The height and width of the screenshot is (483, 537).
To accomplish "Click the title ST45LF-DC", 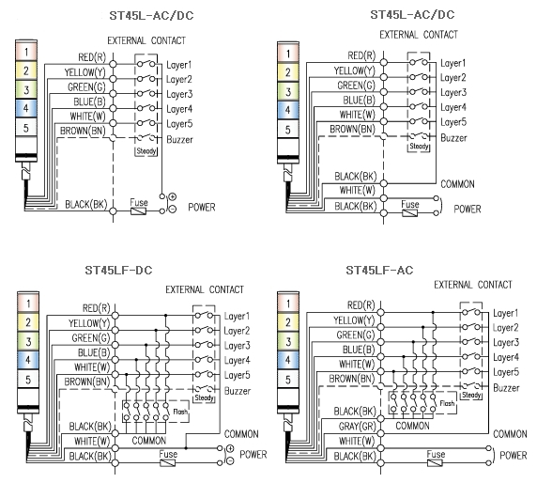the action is click(118, 271).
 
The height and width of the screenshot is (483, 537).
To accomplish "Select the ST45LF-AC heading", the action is click(379, 271).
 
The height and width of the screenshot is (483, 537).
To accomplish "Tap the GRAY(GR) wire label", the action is click(357, 427).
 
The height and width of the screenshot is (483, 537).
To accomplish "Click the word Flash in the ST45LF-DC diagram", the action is click(180, 412).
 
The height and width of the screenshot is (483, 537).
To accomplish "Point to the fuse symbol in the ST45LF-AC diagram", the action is click(435, 463).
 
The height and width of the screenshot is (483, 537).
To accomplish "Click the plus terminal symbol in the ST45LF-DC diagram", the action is click(230, 448).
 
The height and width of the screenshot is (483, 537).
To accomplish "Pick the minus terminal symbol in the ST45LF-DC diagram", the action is click(230, 461).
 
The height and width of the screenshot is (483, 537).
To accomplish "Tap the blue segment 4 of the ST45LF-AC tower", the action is click(288, 360).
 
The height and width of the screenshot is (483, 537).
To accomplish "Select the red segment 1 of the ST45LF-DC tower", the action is click(28, 304).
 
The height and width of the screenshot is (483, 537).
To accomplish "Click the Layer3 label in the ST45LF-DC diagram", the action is click(237, 346).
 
